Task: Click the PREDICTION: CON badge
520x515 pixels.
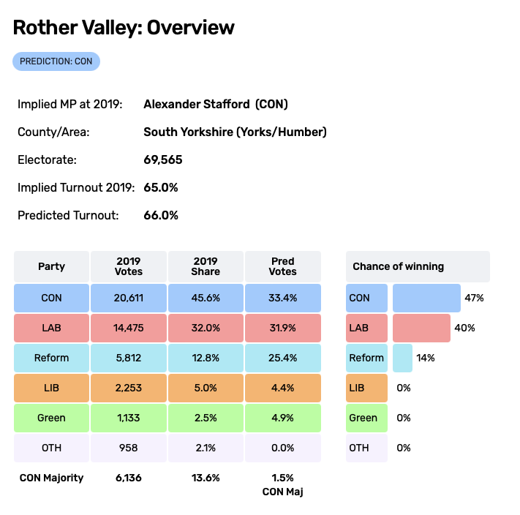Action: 56,61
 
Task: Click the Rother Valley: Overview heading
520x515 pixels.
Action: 124,28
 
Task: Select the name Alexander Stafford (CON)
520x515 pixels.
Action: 216,104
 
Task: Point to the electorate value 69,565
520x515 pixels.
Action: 163,159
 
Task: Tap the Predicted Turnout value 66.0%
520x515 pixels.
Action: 161,215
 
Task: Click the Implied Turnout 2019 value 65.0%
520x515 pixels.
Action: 161,187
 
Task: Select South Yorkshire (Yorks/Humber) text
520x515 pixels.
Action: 235,132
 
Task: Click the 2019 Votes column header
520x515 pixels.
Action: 129,266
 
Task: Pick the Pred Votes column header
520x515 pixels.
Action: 282,266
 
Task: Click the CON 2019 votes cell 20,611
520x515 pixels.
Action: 129,298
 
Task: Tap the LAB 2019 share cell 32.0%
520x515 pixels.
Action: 206,328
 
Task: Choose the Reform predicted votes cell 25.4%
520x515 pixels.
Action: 282,358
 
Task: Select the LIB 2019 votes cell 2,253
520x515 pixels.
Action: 129,388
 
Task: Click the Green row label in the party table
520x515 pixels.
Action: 51,418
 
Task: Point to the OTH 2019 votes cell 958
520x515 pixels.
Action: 129,448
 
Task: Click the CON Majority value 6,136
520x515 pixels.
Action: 129,478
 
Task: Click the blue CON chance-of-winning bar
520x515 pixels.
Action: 426,298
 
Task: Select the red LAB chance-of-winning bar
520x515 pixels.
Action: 421,328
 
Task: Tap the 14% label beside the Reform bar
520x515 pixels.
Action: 426,358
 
